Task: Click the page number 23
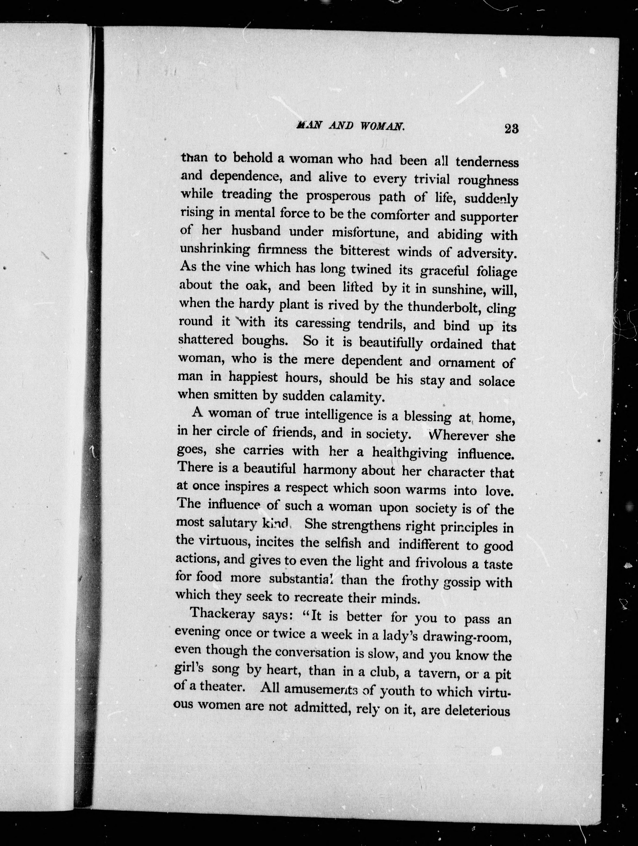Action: (511, 129)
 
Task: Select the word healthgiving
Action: (410, 453)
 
